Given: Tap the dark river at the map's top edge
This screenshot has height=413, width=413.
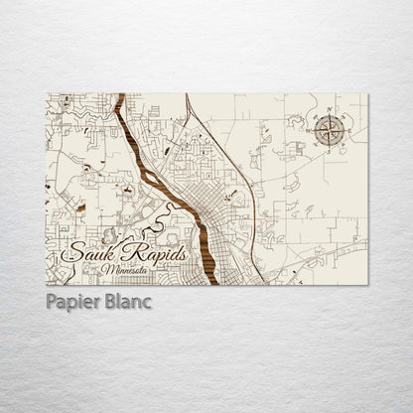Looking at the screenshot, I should pyautogui.click(x=120, y=96).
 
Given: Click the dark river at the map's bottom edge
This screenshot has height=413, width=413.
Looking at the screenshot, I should pyautogui.click(x=211, y=281).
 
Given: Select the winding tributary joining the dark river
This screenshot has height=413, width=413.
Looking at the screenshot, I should pyautogui.click(x=169, y=210).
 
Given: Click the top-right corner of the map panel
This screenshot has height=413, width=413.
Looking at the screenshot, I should pyautogui.click(x=366, y=94).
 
